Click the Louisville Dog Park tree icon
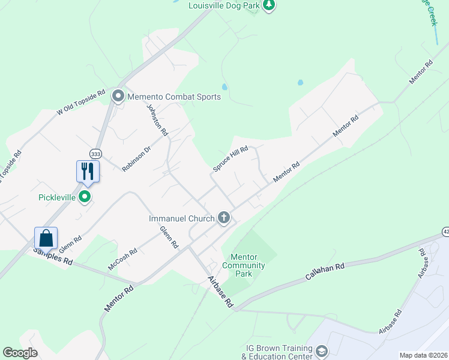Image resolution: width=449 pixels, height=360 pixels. click(x=270, y=5)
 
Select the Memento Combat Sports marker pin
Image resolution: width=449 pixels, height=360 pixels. click(x=118, y=96)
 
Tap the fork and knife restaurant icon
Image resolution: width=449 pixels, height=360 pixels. click(x=88, y=171)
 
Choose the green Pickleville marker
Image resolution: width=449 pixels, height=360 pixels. click(x=85, y=197)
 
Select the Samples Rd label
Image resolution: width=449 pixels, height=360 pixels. click(x=53, y=257)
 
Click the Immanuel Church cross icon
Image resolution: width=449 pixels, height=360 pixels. click(x=224, y=218)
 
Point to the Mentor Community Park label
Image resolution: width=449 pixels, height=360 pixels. click(x=244, y=265)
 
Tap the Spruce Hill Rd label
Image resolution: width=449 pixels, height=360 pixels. click(x=231, y=160)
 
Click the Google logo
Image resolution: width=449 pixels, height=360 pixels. click(x=20, y=353)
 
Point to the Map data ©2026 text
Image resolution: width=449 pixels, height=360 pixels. click(x=423, y=355)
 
